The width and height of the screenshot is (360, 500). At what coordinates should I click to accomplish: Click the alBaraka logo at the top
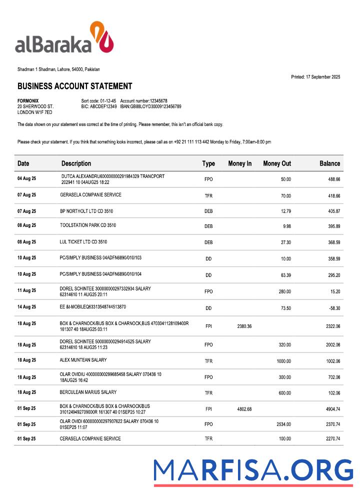(64, 38)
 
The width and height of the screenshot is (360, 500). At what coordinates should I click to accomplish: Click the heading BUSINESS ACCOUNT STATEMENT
(74, 86)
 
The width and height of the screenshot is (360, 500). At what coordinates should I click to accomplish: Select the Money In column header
(239, 163)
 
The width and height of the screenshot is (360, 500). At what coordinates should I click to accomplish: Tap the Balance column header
(329, 163)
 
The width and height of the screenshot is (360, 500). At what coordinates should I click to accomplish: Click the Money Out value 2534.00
(283, 424)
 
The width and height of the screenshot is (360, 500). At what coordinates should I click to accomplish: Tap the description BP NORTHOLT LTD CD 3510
(86, 211)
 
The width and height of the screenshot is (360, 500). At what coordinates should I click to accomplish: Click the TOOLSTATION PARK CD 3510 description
(88, 225)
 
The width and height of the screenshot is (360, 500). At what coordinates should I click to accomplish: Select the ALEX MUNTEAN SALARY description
(83, 360)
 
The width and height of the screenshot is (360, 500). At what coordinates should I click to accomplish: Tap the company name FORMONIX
(28, 101)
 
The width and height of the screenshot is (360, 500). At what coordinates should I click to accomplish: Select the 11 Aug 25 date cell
(26, 290)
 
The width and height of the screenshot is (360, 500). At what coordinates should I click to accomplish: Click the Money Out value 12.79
(285, 211)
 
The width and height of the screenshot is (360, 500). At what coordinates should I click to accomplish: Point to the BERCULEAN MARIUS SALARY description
(88, 392)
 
